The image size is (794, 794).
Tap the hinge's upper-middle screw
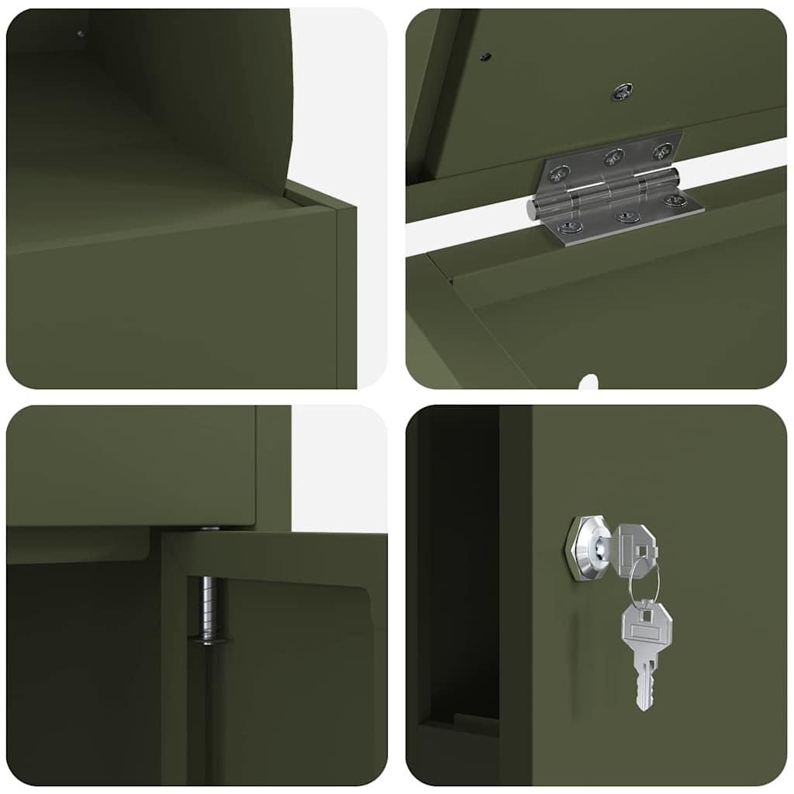pos(613,159)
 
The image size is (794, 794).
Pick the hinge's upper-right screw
pos(661,150)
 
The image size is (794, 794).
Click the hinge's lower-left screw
pos(570,227)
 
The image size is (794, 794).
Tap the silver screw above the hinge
pos(621,91)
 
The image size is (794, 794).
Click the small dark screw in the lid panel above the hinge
pos(485,57)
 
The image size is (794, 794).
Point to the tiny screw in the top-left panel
pos(80,33)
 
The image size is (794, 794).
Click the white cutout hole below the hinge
pos(589,382)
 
